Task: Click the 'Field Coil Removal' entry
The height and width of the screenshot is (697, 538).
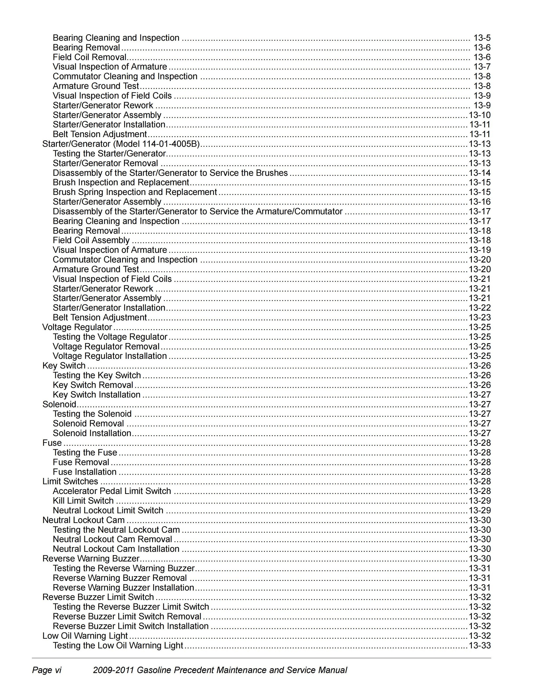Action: point(90,57)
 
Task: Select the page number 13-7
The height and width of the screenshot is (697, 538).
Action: point(482,67)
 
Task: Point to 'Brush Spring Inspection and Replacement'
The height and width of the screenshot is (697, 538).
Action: point(135,192)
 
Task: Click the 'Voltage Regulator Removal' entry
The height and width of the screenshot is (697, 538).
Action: point(106,347)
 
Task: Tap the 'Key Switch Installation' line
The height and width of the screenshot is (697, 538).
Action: point(97,395)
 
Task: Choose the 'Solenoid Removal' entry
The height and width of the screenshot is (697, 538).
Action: point(88,424)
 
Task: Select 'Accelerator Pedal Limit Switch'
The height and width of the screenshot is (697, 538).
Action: point(112,491)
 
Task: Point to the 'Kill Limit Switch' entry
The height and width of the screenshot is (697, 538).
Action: point(83,501)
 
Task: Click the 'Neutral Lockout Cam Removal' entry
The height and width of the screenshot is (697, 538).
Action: point(112,539)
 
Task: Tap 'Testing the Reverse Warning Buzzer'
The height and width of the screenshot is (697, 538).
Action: point(124,568)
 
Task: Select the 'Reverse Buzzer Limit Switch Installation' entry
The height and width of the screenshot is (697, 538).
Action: point(131,626)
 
